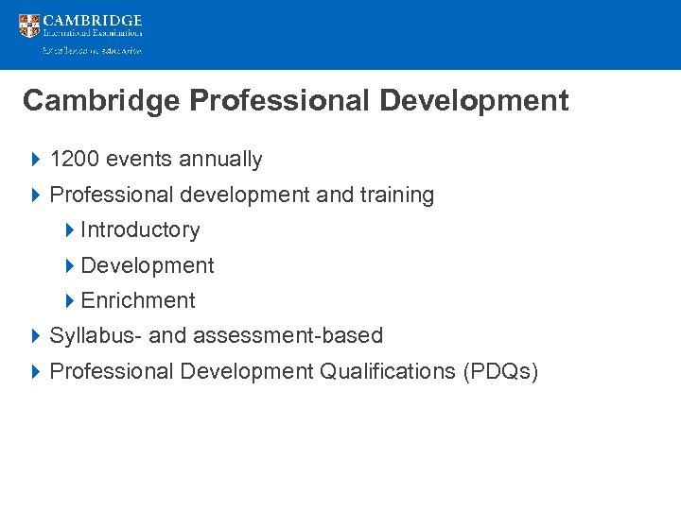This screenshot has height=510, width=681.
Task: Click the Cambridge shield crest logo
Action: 29,25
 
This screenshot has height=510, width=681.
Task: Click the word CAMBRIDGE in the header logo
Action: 93,20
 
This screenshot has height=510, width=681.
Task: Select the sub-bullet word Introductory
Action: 141,230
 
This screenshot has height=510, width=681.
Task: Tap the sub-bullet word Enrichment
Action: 138,301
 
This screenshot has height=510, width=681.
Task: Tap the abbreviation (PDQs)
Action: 500,371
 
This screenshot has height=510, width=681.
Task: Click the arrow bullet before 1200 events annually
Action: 35,160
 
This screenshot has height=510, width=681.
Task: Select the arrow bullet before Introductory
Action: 70,230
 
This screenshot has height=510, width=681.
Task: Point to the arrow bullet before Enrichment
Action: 70,301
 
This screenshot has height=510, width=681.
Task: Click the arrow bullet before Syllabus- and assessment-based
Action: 35,336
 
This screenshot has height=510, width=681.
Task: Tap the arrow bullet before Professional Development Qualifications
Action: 35,371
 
